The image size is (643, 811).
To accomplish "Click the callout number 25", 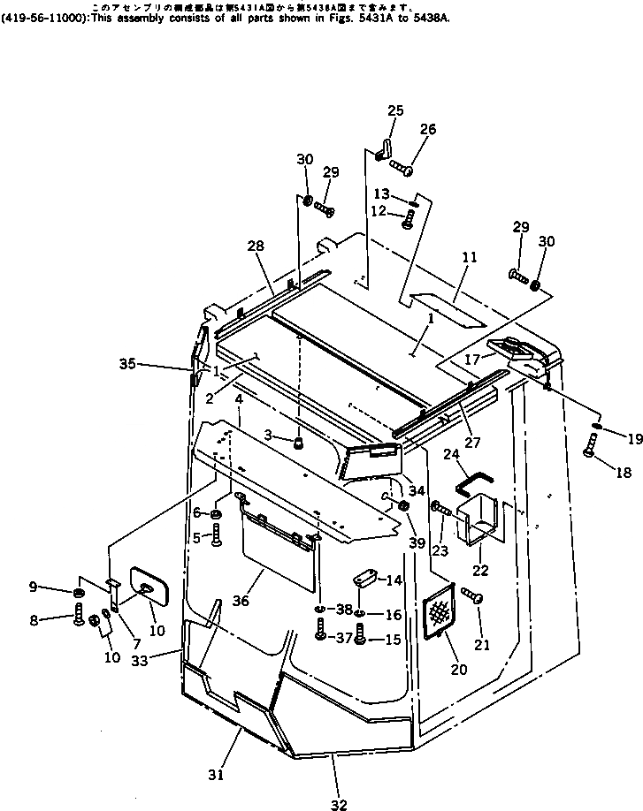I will click(x=395, y=110).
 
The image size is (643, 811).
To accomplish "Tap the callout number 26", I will click(x=427, y=129).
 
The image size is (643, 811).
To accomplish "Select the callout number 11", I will click(x=470, y=257).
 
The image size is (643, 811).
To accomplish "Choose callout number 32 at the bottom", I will click(x=340, y=805).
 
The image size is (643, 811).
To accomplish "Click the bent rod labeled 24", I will click(x=474, y=481).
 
